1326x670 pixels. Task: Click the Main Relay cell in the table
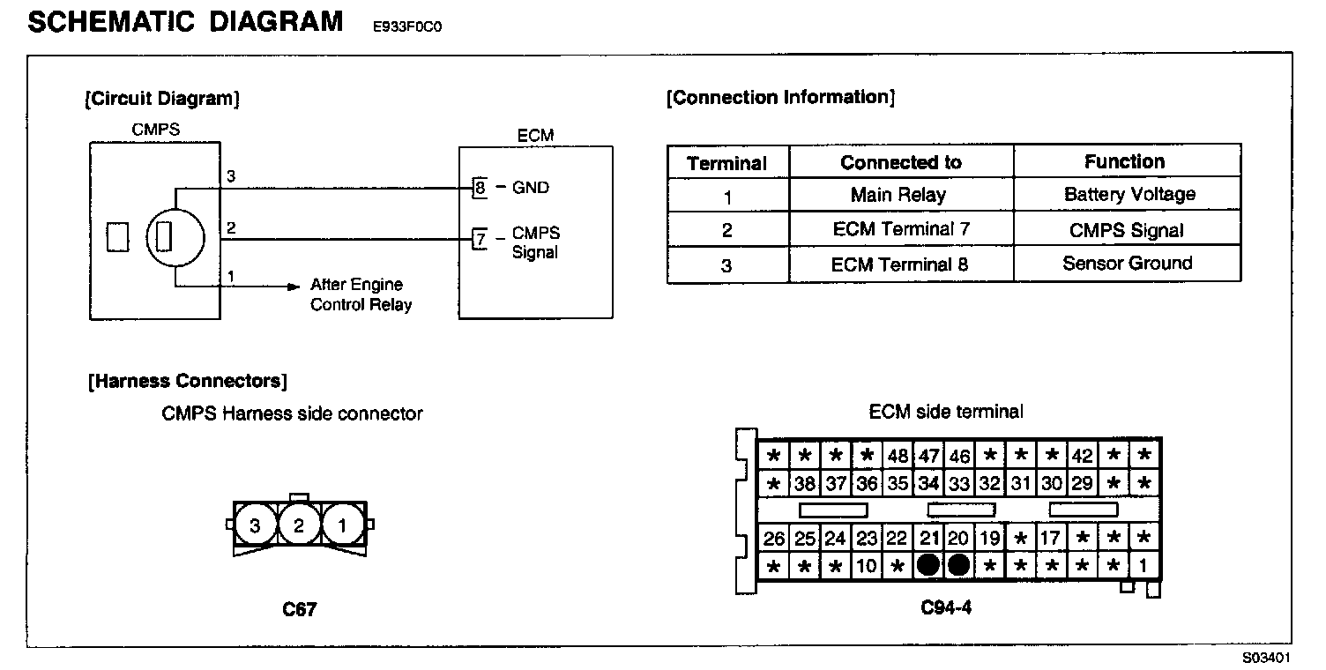click(898, 195)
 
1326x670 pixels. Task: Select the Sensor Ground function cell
click(1127, 263)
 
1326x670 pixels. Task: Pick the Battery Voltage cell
click(1129, 195)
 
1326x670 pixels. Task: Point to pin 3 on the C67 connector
click(255, 526)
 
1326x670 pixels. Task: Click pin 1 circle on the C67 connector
click(342, 526)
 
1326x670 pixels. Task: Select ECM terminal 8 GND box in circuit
click(480, 187)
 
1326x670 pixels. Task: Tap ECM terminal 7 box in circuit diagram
click(480, 238)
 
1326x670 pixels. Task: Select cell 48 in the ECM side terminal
click(898, 456)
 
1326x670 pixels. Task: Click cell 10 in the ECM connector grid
click(867, 566)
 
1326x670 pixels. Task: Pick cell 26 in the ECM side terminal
click(774, 539)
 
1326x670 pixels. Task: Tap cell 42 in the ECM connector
click(1082, 456)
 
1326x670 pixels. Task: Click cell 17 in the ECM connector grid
click(1051, 539)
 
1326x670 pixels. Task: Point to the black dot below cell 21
click(927, 565)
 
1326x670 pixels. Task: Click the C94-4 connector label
click(946, 607)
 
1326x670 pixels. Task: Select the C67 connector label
click(299, 609)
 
